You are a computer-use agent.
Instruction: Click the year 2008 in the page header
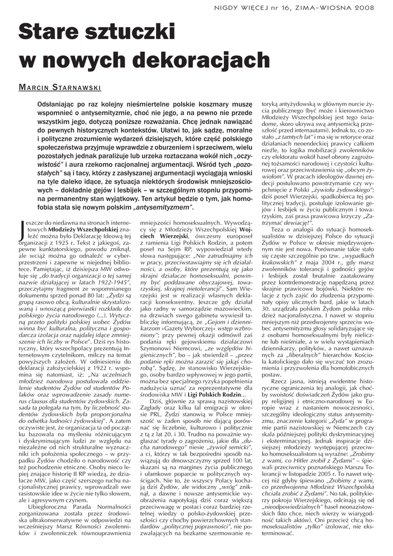(371, 8)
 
